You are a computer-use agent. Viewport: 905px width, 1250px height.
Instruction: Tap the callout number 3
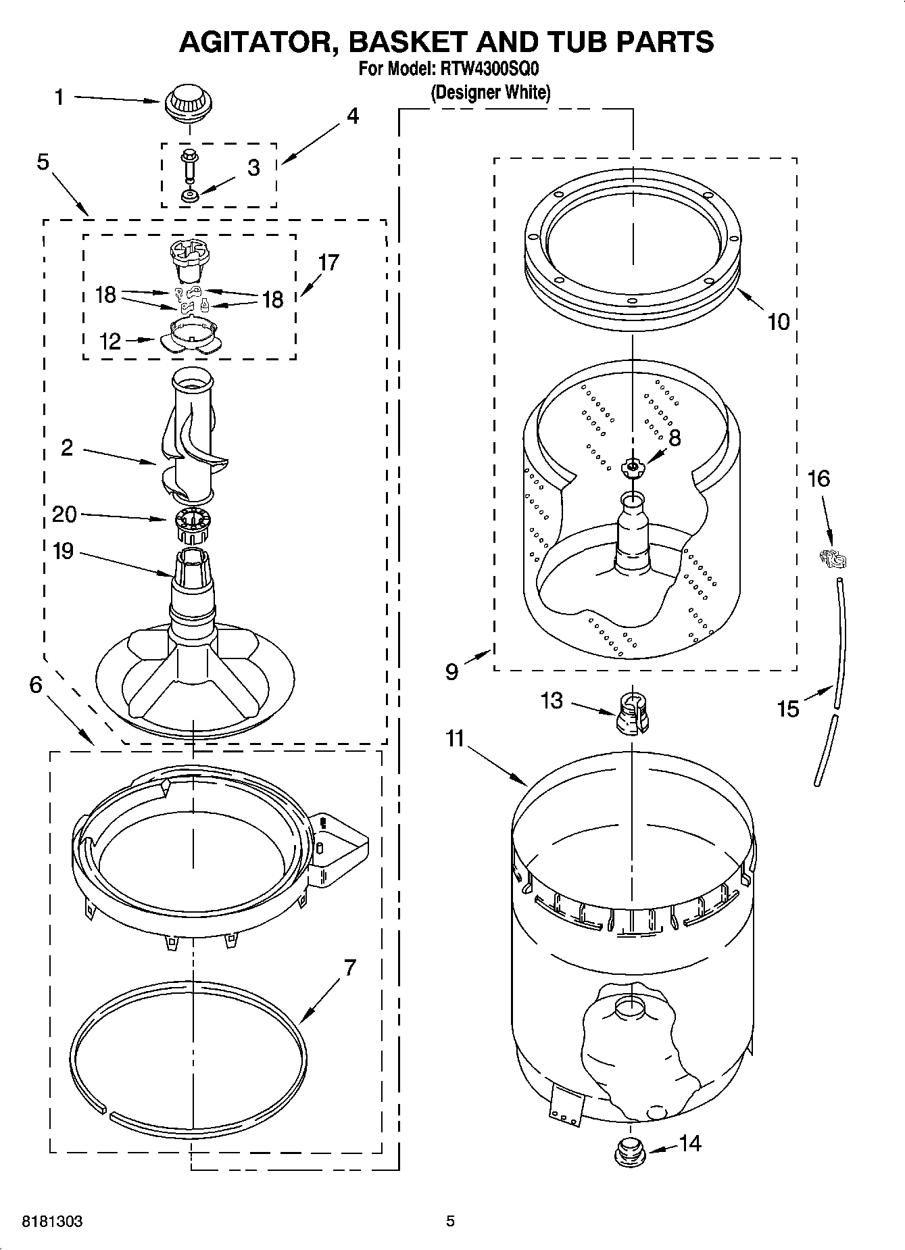tap(253, 168)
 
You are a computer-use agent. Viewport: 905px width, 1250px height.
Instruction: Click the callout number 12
tap(109, 341)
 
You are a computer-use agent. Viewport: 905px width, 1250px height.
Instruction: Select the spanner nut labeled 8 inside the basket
tap(633, 466)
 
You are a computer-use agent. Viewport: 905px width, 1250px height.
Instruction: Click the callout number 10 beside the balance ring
tap(778, 322)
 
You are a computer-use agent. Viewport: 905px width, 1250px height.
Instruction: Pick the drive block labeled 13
tap(633, 713)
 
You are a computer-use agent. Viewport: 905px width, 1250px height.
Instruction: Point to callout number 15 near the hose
tap(788, 708)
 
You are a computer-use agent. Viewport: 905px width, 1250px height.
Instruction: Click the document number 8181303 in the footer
tap(53, 1221)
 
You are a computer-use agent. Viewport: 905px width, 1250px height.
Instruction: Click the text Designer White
tap(491, 93)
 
